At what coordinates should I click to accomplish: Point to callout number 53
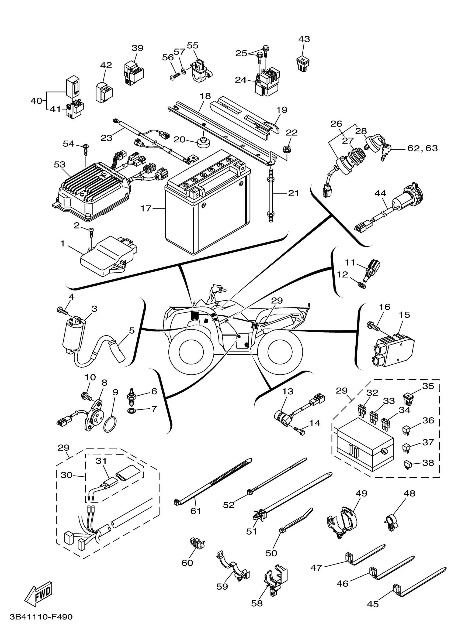[x=60, y=165]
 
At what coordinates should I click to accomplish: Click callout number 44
[x=380, y=193]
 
